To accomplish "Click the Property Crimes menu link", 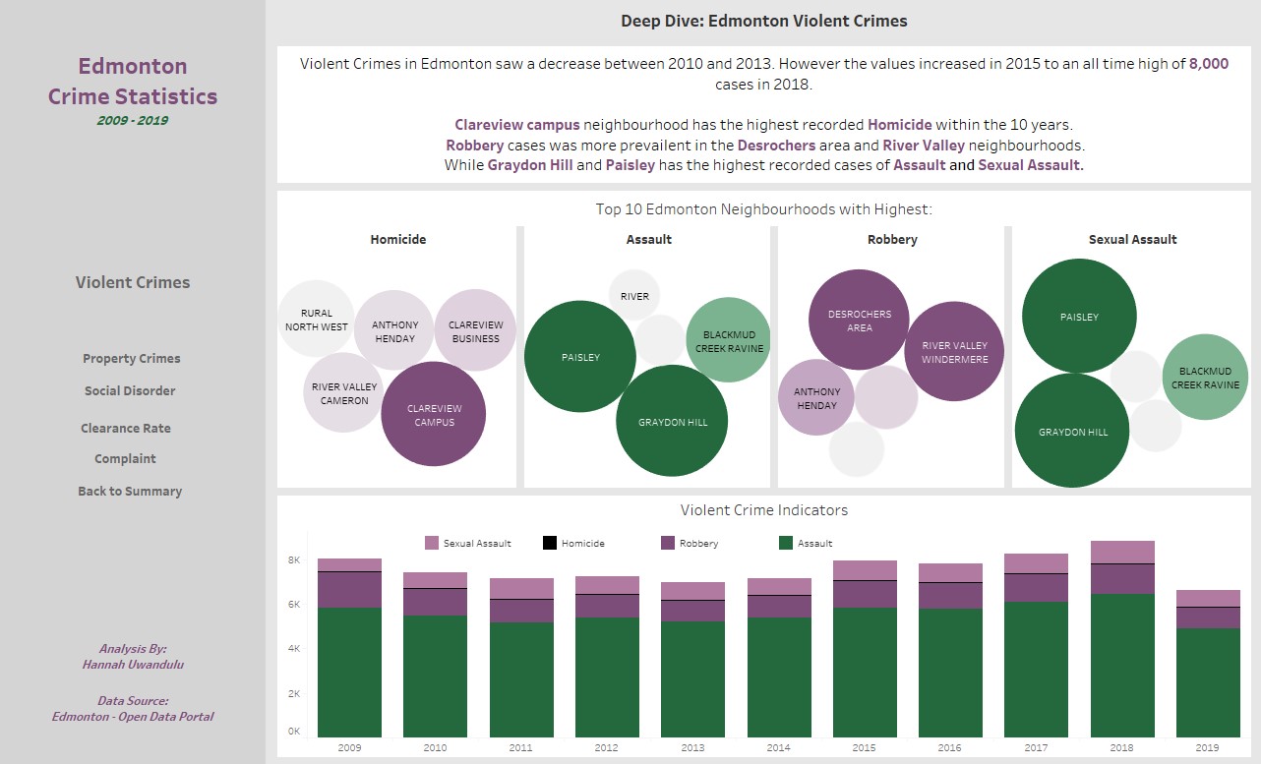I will pyautogui.click(x=132, y=359).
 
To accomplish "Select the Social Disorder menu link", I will pyautogui.click(x=130, y=390).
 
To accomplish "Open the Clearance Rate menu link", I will pyautogui.click(x=126, y=428).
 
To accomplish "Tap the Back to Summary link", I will pyautogui.click(x=130, y=491).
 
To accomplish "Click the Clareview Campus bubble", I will pyautogui.click(x=434, y=414).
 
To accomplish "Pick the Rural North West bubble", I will pyautogui.click(x=316, y=320).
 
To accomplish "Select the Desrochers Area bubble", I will pyautogui.click(x=859, y=321).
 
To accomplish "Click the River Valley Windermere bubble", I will pyautogui.click(x=953, y=352).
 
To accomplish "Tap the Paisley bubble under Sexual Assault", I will pyautogui.click(x=1079, y=317).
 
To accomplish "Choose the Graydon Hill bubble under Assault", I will pyautogui.click(x=672, y=421).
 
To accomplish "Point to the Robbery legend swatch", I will pyautogui.click(x=668, y=543).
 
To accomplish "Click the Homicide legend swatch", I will pyautogui.click(x=550, y=543).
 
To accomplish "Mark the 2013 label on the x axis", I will pyautogui.click(x=692, y=748).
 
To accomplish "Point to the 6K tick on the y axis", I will pyautogui.click(x=293, y=605).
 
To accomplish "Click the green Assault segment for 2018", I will pyautogui.click(x=1122, y=665).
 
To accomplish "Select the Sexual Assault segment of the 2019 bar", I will pyautogui.click(x=1208, y=598).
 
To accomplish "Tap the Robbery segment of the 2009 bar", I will pyautogui.click(x=349, y=590).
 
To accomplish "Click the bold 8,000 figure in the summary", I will pyautogui.click(x=1208, y=64).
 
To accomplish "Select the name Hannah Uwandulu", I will pyautogui.click(x=133, y=664).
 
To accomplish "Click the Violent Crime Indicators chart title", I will pyautogui.click(x=763, y=510).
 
